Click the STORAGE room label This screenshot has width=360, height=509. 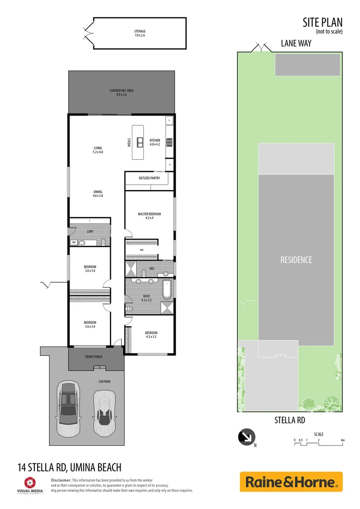[140, 33]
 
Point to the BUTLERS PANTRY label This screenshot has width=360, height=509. [149, 178]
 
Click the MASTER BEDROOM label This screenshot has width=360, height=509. [149, 216]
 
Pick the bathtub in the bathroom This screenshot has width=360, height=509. [167, 289]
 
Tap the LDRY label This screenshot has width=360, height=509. [90, 231]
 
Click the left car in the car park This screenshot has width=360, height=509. [68, 409]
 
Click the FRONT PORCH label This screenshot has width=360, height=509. [94, 357]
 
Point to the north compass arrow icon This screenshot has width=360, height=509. [246, 437]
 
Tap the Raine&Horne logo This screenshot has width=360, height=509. [291, 482]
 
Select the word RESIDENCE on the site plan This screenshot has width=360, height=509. [296, 260]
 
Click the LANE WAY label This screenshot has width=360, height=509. [296, 43]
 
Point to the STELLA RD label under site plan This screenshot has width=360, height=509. [290, 420]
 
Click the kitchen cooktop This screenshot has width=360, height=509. [169, 141]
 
